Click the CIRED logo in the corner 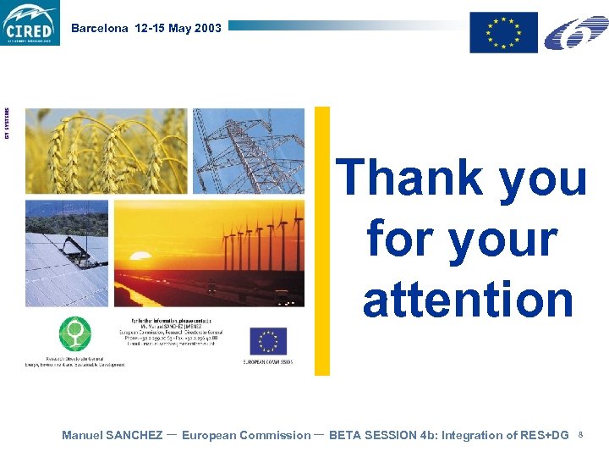pyautogui.click(x=30, y=23)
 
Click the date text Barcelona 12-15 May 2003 pyautogui.click(x=146, y=28)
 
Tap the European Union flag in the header pyautogui.click(x=504, y=32)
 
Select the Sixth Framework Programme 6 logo pyautogui.click(x=575, y=32)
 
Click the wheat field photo pyautogui.click(x=106, y=151)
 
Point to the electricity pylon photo pyautogui.click(x=249, y=151)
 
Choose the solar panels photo pyautogui.click(x=67, y=253)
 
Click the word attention pyautogui.click(x=468, y=300)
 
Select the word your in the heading pyautogui.click(x=502, y=240)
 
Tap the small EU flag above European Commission pyautogui.click(x=268, y=341)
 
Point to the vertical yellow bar pyautogui.click(x=322, y=240)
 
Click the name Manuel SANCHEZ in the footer pyautogui.click(x=112, y=435)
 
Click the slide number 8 pyautogui.click(x=581, y=435)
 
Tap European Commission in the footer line pyautogui.click(x=246, y=435)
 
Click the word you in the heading pyautogui.click(x=543, y=179)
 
